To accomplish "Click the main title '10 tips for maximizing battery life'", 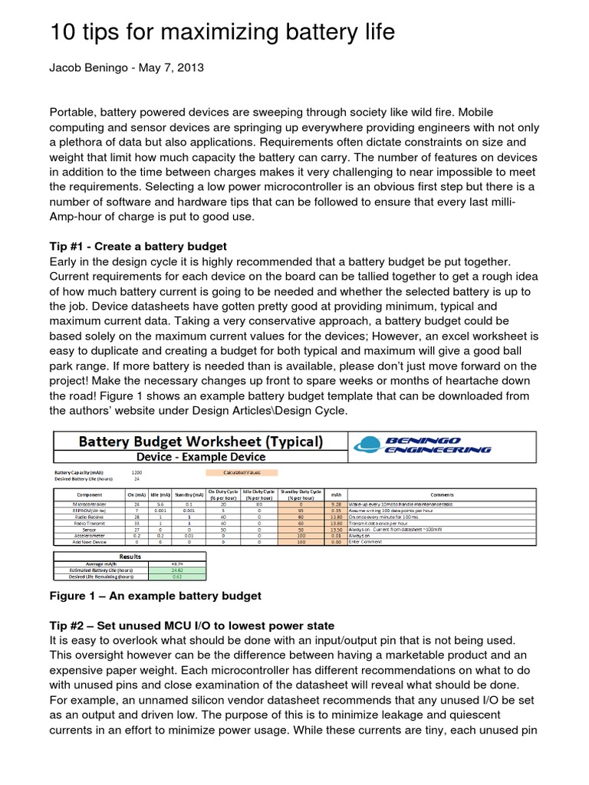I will (222, 31).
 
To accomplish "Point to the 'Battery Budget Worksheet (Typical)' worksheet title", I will (199, 442).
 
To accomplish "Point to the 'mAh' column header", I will (334, 495).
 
